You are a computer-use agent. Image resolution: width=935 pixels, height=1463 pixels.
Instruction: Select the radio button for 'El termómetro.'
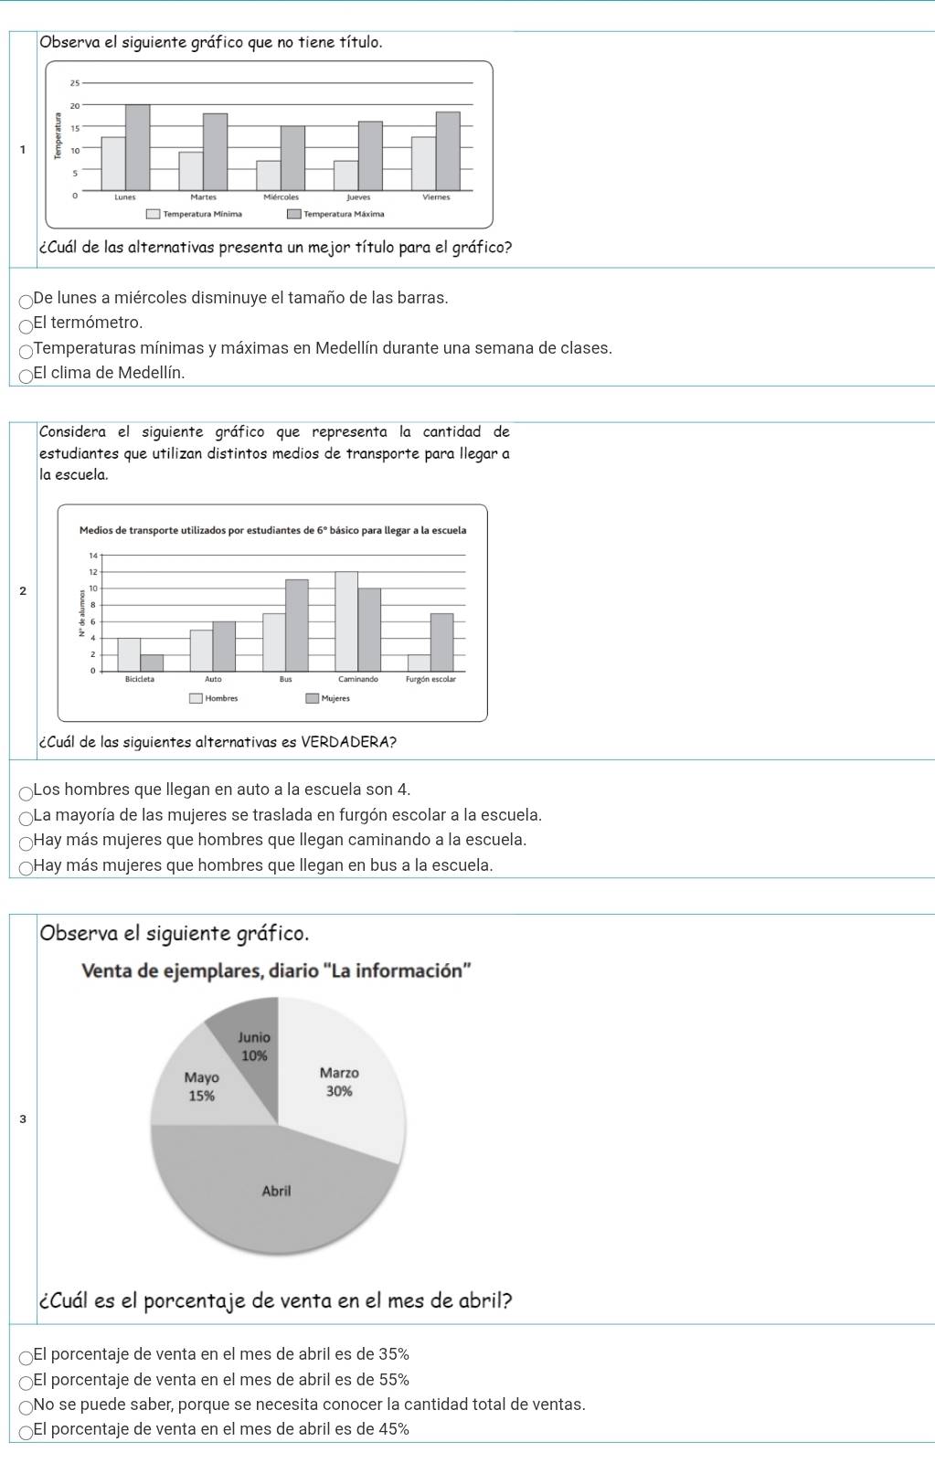(27, 323)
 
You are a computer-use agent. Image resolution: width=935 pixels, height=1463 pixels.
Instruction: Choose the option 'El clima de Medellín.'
(27, 374)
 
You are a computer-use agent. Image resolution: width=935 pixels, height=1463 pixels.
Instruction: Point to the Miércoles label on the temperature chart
(281, 196)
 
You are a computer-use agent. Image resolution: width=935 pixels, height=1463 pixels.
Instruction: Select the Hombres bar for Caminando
(346, 621)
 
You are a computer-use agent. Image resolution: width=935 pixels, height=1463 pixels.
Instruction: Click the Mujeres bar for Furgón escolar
(441, 641)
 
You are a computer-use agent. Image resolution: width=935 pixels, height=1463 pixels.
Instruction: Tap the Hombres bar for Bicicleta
(129, 654)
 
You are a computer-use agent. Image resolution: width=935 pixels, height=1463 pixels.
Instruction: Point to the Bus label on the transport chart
(286, 679)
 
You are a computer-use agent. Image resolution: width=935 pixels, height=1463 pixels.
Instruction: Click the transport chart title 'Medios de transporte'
(272, 530)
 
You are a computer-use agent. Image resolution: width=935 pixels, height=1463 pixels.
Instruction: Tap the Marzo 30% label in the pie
(339, 1082)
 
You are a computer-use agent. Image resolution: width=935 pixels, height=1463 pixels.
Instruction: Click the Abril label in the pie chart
(276, 1191)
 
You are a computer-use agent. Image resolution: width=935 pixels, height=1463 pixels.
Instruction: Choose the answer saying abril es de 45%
(27, 1430)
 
